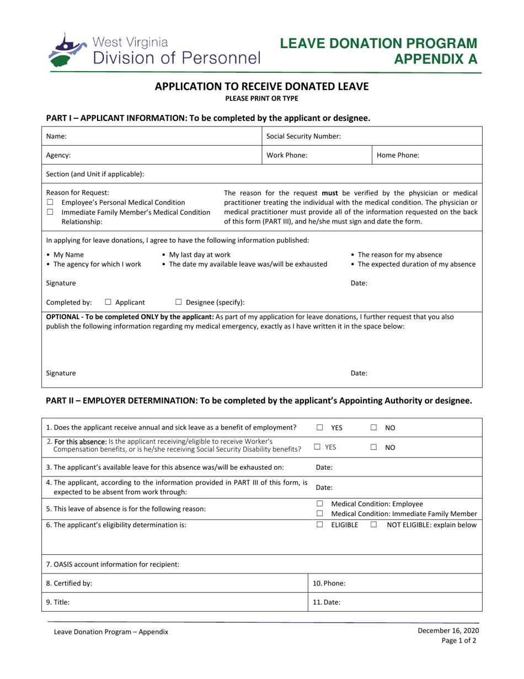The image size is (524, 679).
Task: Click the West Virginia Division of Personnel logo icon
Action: (67, 50)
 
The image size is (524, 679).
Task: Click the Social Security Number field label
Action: (303, 136)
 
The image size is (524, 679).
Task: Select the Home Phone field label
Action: (398, 156)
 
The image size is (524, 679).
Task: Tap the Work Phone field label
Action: (287, 156)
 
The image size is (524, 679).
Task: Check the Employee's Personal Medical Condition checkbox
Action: (50, 203)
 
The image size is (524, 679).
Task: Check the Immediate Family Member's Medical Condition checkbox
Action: (50, 212)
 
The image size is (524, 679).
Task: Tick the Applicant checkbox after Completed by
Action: (108, 302)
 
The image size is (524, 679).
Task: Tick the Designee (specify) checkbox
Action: (179, 302)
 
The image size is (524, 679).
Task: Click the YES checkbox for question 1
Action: (320, 427)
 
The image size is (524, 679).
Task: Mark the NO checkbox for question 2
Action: (374, 448)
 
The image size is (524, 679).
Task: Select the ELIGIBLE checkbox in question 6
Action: (320, 525)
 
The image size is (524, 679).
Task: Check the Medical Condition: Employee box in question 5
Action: (320, 504)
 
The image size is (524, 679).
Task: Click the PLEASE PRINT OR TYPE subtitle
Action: (261, 99)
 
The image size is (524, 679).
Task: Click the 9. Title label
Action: (58, 603)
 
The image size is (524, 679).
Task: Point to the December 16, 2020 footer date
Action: (448, 630)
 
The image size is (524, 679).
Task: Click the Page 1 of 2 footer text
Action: (459, 641)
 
